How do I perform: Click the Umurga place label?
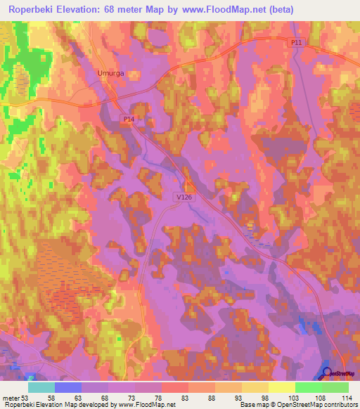pyautogui.click(x=108, y=72)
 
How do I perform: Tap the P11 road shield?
pyautogui.click(x=297, y=43)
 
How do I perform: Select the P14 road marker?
pyautogui.click(x=129, y=120)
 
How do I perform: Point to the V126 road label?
pyautogui.click(x=184, y=200)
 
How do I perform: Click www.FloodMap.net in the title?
pyautogui.click(x=221, y=9)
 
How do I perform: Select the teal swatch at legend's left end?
pyautogui.click(x=41, y=387)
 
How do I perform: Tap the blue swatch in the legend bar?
pyautogui.click(x=68, y=387)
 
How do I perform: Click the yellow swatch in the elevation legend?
pyautogui.click(x=281, y=387)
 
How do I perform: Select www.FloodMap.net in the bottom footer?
pyautogui.click(x=148, y=404)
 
